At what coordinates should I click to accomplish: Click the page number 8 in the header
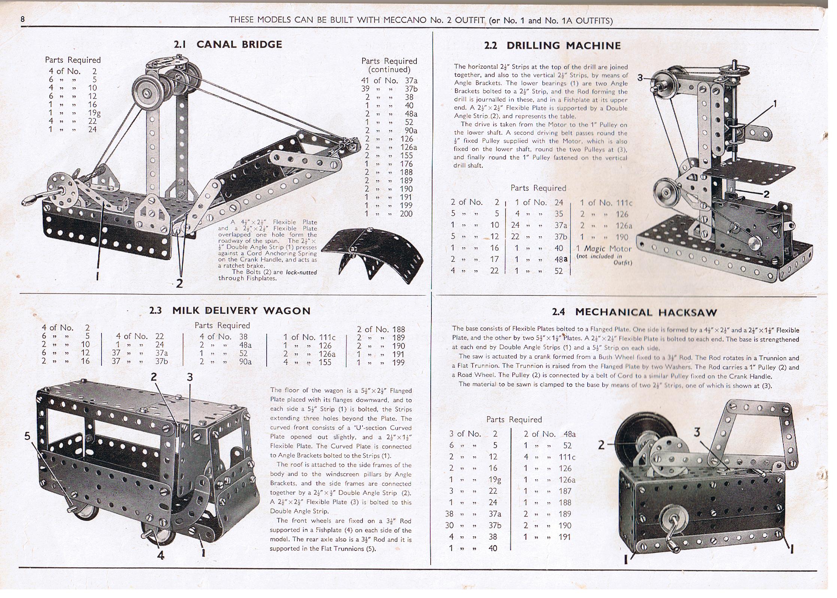pos(23,19)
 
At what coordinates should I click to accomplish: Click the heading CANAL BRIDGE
pos(239,44)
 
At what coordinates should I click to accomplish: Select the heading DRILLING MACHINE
pos(563,46)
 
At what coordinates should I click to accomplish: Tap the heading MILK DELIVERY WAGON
pos(241,310)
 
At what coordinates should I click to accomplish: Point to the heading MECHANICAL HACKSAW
pos(646,312)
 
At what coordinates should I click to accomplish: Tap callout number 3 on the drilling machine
pos(640,78)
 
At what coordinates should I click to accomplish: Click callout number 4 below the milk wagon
pos(161,555)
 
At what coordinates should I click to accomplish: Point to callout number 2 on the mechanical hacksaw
pos(601,445)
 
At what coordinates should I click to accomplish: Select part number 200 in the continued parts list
pos(406,214)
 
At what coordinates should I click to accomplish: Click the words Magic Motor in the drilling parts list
pos(608,249)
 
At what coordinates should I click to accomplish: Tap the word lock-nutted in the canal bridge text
pos(301,272)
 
